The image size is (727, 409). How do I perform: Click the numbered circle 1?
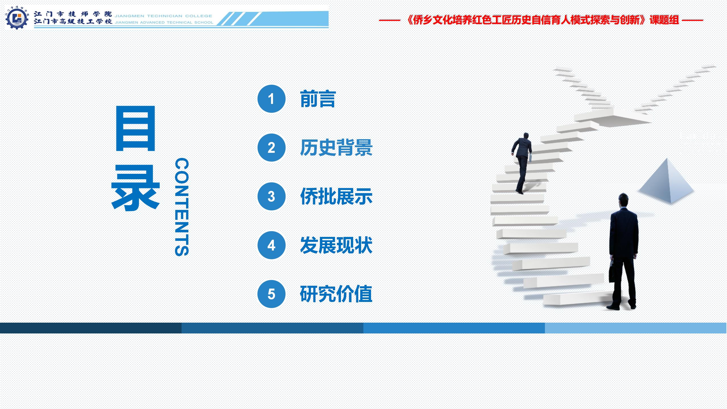271,99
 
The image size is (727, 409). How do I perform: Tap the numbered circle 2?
271,148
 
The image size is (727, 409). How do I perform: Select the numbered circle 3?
271,196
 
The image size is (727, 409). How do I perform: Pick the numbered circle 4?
271,245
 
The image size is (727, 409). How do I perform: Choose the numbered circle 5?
271,294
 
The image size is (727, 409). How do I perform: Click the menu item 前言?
318,99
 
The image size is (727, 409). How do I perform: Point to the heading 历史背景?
336,148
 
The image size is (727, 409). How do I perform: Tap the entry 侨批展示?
336,196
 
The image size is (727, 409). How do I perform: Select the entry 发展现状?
336,245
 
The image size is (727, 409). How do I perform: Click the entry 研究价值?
336,294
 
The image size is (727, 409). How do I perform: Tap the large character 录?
136,188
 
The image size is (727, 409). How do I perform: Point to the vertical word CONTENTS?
182,207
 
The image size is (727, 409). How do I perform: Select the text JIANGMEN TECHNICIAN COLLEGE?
163,16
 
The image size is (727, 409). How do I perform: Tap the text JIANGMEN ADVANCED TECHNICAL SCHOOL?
164,22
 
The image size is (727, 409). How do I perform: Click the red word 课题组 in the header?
664,20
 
